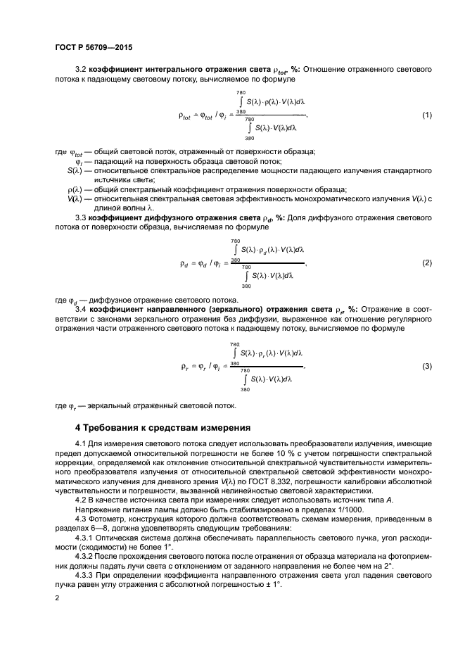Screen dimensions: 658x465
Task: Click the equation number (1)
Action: (426, 115)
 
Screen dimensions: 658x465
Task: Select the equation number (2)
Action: (426, 262)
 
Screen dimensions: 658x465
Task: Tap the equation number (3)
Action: (426, 367)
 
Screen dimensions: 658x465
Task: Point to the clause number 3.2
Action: (80, 70)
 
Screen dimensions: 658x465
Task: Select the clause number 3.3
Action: (80, 217)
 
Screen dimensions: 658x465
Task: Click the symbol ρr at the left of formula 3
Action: (185, 367)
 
